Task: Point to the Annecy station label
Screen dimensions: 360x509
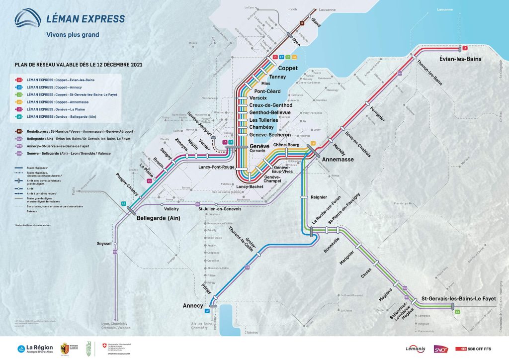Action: tap(193, 305)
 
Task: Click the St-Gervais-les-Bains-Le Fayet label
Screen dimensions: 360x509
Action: tap(459, 298)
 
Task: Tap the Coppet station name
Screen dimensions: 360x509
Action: tap(287, 68)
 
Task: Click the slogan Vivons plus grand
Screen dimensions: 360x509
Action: tap(72, 34)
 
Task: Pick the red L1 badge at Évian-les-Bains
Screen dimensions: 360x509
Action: tap(465, 48)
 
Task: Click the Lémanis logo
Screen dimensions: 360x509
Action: tap(415, 350)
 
